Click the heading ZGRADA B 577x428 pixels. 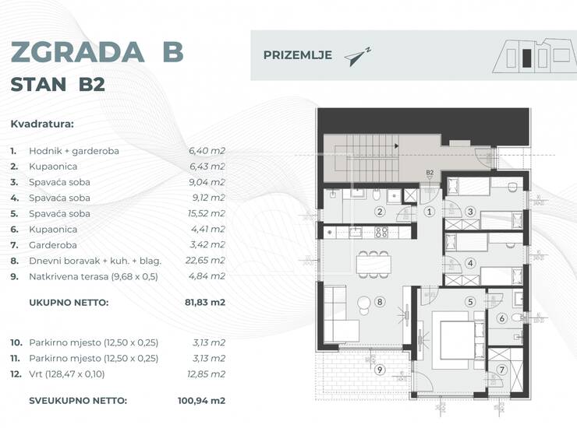click(97, 52)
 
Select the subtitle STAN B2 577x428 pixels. click(58, 85)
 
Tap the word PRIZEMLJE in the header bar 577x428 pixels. click(298, 55)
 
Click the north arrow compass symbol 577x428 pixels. click(358, 57)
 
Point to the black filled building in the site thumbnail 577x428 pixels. click(526, 58)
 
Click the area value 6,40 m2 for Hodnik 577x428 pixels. click(207, 151)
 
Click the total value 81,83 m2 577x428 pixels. click(204, 303)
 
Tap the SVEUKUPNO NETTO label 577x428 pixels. click(78, 401)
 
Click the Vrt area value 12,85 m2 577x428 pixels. click(206, 374)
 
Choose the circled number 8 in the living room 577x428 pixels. click(380, 302)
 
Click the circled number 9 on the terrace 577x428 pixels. click(380, 369)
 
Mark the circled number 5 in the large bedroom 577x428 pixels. click(470, 302)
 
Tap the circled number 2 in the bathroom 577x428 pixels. click(380, 212)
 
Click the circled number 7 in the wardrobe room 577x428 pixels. click(502, 370)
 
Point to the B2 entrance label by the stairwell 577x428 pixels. click(430, 172)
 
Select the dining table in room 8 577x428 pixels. click(373, 264)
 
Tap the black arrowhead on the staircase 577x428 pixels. click(397, 146)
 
